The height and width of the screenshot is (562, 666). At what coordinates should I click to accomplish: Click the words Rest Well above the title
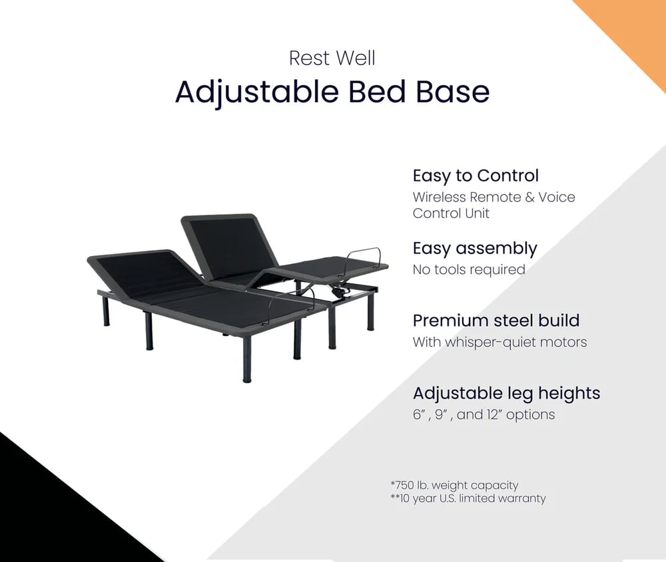pyautogui.click(x=332, y=58)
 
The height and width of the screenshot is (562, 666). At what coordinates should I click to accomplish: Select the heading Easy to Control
pyautogui.click(x=476, y=176)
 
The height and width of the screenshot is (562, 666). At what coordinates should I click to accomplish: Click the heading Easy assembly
pyautogui.click(x=474, y=248)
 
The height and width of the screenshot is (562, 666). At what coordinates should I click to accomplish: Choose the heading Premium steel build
pyautogui.click(x=496, y=320)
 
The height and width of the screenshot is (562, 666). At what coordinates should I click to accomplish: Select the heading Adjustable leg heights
pyautogui.click(x=506, y=392)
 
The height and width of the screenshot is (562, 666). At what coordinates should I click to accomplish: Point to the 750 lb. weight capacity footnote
pyautogui.click(x=454, y=485)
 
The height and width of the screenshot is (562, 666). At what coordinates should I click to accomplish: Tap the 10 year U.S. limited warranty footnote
pyautogui.click(x=468, y=498)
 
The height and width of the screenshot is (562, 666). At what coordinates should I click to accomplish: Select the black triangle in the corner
pyautogui.click(x=40, y=512)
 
